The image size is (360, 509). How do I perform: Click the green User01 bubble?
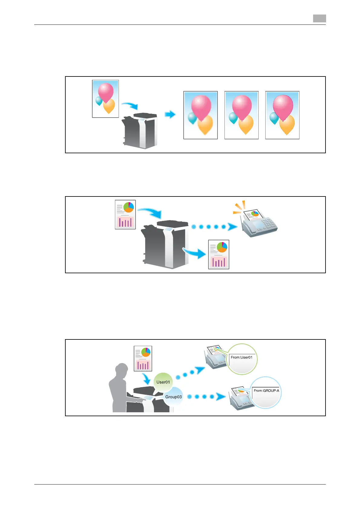tap(163, 382)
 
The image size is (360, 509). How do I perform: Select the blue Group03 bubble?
tap(173, 397)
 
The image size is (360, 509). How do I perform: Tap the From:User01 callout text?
tap(241, 357)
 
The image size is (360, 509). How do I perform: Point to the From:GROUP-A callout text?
tap(266, 391)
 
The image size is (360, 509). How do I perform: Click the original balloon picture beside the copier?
tap(105, 99)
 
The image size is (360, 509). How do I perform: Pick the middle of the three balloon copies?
tap(241, 115)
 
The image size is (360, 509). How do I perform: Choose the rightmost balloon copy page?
tap(282, 115)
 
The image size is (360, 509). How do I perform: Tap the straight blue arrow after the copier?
tap(170, 115)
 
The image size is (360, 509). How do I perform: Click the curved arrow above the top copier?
tap(130, 105)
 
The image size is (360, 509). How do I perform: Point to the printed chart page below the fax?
tap(219, 254)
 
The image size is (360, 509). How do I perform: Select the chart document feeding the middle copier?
tap(125, 215)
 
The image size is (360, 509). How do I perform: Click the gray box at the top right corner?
tap(319, 18)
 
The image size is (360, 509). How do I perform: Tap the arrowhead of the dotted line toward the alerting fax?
tap(232, 227)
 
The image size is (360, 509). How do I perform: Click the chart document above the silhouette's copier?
tap(143, 358)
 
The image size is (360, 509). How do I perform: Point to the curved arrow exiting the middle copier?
tap(195, 253)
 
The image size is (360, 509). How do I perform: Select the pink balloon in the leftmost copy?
tap(201, 107)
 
